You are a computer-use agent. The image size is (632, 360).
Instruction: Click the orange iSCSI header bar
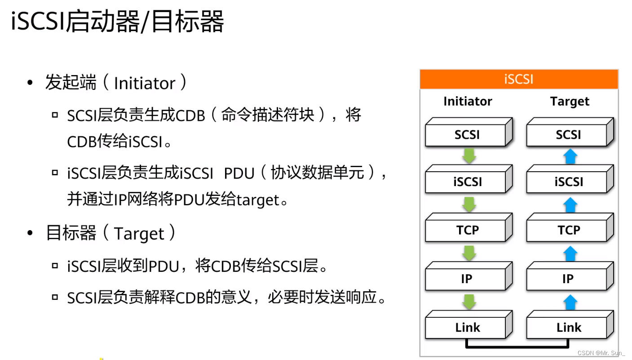pyautogui.click(x=519, y=79)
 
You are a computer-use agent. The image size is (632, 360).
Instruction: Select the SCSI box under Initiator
pyautogui.click(x=467, y=135)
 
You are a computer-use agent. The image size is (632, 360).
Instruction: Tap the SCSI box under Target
pyautogui.click(x=568, y=135)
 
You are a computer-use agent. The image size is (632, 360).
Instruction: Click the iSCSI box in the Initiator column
pyautogui.click(x=467, y=182)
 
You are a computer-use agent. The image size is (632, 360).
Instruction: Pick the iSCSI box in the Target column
pyautogui.click(x=568, y=182)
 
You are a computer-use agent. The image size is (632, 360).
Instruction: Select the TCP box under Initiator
pyautogui.click(x=467, y=231)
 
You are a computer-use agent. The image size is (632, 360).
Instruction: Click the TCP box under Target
pyautogui.click(x=568, y=231)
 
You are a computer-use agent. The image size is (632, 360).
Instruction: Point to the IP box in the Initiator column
pyautogui.click(x=467, y=279)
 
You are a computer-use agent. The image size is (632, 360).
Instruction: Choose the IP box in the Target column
pyautogui.click(x=568, y=279)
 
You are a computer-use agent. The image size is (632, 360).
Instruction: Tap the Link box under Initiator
pyautogui.click(x=467, y=328)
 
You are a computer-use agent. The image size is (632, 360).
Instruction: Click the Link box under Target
pyautogui.click(x=568, y=328)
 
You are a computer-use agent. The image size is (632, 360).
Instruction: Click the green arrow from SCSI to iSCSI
pyautogui.click(x=469, y=156)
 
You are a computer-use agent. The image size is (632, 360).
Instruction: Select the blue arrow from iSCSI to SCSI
pyautogui.click(x=570, y=156)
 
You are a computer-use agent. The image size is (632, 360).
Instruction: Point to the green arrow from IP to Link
pyautogui.click(x=469, y=302)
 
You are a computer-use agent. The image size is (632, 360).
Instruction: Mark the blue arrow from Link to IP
pyautogui.click(x=570, y=302)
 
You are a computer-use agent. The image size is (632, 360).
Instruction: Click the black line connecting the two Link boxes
pyautogui.click(x=518, y=347)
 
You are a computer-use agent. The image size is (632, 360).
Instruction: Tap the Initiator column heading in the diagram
pyautogui.click(x=468, y=102)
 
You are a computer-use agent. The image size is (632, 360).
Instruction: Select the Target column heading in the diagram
pyautogui.click(x=570, y=102)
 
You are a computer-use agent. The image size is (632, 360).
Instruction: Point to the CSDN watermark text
pyautogui.click(x=601, y=353)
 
